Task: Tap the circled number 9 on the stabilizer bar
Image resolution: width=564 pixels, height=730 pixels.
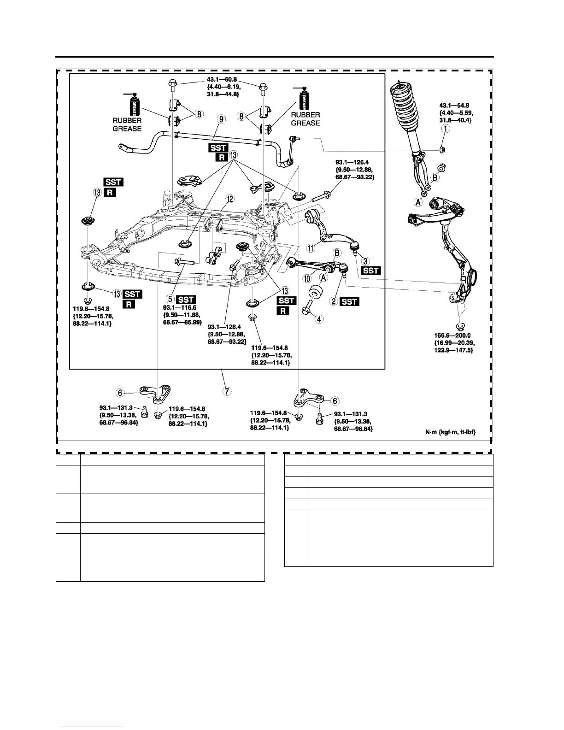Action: (222, 119)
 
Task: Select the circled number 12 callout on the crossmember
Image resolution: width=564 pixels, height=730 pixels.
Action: (229, 199)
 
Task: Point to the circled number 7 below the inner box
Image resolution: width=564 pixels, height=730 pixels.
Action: (226, 391)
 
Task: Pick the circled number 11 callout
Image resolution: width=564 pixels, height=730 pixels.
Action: (311, 248)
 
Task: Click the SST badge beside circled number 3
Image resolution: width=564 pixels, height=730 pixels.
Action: (371, 271)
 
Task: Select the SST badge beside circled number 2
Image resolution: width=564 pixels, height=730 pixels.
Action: (350, 302)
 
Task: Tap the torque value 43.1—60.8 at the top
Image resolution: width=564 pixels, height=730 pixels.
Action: (221, 79)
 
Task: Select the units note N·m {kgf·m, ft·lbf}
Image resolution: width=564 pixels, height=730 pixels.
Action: (450, 432)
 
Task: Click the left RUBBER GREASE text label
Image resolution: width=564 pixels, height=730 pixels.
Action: (127, 124)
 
